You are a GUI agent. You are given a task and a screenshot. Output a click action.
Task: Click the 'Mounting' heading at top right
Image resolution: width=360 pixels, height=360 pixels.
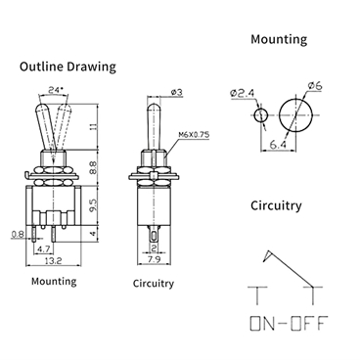pyautogui.click(x=278, y=40)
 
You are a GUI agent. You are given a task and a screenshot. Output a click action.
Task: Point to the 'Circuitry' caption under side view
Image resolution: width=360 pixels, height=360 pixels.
pyautogui.click(x=154, y=284)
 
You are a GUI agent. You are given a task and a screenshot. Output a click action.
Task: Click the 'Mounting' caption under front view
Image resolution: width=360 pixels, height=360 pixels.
pyautogui.click(x=54, y=281)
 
